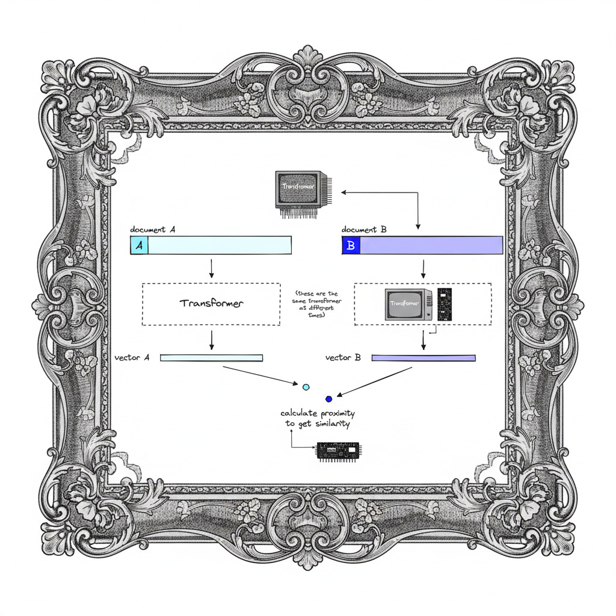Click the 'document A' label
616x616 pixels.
[x=153, y=230]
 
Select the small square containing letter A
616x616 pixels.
[x=139, y=245]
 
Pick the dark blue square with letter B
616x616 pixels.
[x=351, y=245]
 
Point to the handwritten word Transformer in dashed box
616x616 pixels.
[x=211, y=303]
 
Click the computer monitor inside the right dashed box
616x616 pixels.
[x=408, y=304]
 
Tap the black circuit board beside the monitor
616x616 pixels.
[x=444, y=303]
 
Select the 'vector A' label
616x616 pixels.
[x=132, y=357]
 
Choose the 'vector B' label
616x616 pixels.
[x=343, y=357]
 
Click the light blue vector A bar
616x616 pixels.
[x=211, y=358]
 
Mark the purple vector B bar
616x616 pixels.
[x=423, y=358]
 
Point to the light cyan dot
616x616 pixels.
[x=306, y=387]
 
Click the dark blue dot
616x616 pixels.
[x=328, y=398]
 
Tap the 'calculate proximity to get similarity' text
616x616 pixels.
[x=318, y=419]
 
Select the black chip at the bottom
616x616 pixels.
[x=337, y=451]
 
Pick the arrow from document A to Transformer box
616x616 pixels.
[x=211, y=268]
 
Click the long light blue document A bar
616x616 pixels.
[x=219, y=245]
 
